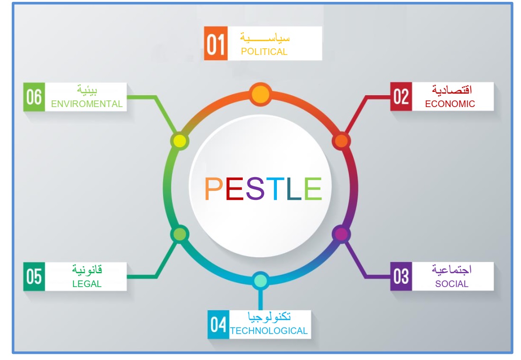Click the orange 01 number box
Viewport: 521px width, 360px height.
(215, 44)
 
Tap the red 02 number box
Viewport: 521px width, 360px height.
(401, 97)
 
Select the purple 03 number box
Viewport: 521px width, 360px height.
(401, 276)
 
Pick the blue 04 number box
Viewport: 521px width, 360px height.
(219, 324)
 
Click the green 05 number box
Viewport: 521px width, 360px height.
(34, 276)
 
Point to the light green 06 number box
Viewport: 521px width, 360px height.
(34, 97)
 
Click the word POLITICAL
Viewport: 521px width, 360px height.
(264, 52)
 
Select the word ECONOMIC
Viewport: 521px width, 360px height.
(450, 104)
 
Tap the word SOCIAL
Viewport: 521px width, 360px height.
(452, 284)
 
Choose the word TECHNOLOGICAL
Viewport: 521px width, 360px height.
(269, 331)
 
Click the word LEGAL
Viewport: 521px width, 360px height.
(87, 284)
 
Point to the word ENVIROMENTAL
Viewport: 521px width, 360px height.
(87, 104)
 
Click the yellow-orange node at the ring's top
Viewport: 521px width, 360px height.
(260, 94)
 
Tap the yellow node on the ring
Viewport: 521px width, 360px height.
(180, 141)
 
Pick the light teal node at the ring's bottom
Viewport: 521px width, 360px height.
(260, 281)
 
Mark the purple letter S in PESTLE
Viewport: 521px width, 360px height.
(255, 189)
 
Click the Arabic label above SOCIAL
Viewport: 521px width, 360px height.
(451, 270)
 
